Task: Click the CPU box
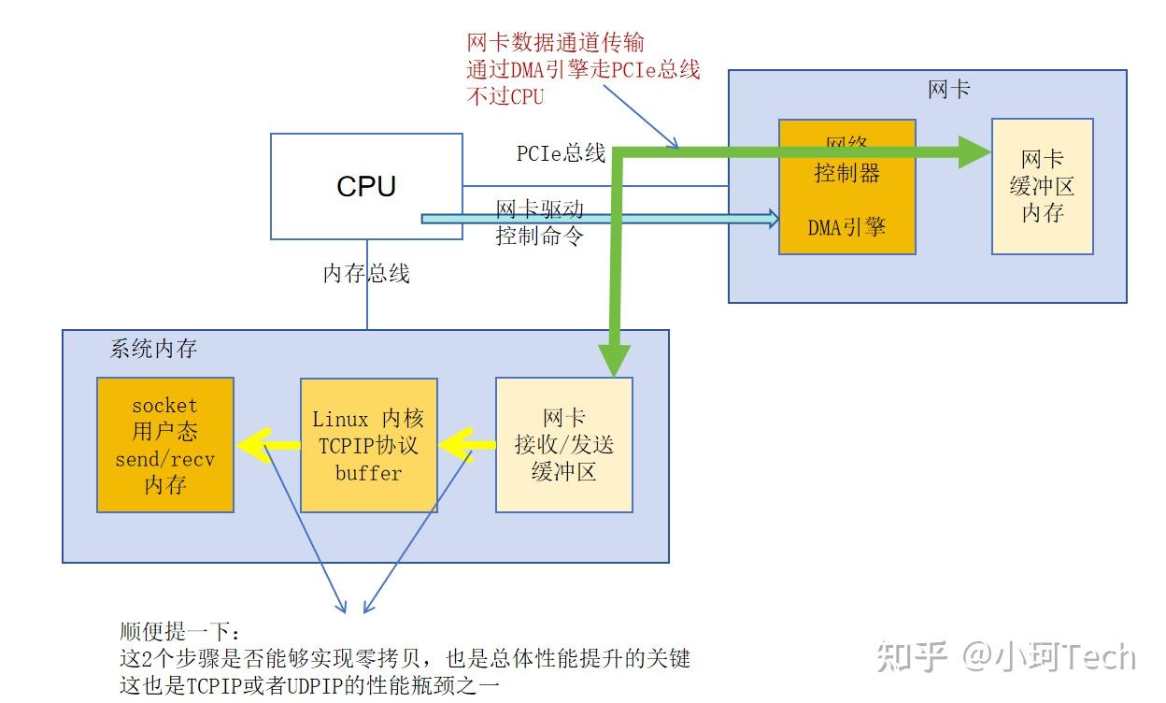pyautogui.click(x=366, y=186)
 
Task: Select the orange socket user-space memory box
pyautogui.click(x=165, y=445)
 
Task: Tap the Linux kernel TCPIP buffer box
pyautogui.click(x=368, y=445)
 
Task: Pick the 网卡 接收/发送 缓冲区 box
pyautogui.click(x=563, y=445)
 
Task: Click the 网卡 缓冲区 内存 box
pyautogui.click(x=1042, y=186)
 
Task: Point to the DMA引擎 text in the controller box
pyautogui.click(x=847, y=227)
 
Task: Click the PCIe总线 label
pyautogui.click(x=561, y=152)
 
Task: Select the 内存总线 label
pyautogui.click(x=366, y=274)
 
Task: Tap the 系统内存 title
pyautogui.click(x=153, y=349)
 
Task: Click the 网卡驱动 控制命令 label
pyautogui.click(x=539, y=222)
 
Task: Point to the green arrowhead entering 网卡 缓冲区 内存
pyautogui.click(x=974, y=152)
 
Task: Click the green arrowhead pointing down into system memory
pyautogui.click(x=614, y=360)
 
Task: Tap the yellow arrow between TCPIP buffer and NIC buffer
pyautogui.click(x=462, y=445)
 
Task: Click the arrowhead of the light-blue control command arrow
pyautogui.click(x=773, y=219)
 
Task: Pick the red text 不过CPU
pyautogui.click(x=505, y=95)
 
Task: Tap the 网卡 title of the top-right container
pyautogui.click(x=948, y=89)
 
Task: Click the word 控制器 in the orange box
pyautogui.click(x=847, y=174)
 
